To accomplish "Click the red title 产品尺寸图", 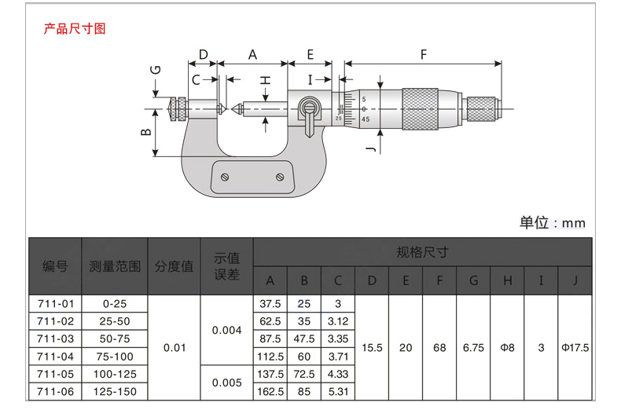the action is tap(75, 28).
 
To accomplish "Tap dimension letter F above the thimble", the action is tap(424, 54).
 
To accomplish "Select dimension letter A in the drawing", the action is tap(252, 55).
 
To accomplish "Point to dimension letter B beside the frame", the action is tap(145, 132).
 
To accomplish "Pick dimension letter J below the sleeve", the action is tap(371, 148).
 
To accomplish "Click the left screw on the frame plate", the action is tap(225, 177).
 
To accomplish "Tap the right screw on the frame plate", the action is tap(280, 177).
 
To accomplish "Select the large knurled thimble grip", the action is tap(421, 109).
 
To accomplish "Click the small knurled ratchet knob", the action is tap(481, 109).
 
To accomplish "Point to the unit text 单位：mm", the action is tap(553, 223).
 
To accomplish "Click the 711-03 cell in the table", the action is tap(56, 339).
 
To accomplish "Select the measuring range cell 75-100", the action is tap(115, 357).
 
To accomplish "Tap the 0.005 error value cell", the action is tap(227, 383).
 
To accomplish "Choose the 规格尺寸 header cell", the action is tap(423, 252).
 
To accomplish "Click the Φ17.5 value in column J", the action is tap(575, 348).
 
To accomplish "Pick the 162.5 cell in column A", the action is tap(270, 391).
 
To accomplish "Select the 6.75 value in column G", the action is tap(474, 348).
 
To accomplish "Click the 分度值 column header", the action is tap(175, 266).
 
